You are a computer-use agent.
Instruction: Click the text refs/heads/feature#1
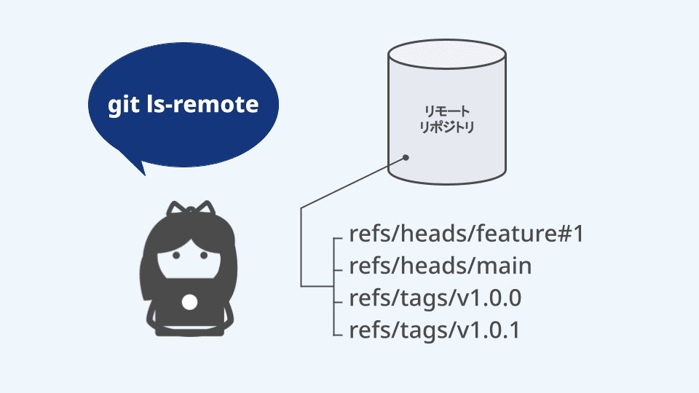click(467, 235)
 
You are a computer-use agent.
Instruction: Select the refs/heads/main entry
click(440, 266)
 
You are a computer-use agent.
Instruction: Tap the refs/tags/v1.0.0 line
click(435, 298)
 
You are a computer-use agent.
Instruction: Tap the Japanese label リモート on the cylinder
click(447, 111)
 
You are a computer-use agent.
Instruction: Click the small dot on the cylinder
click(406, 156)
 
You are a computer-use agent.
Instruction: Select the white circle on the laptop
click(189, 301)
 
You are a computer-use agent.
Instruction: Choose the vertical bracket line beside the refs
click(301, 247)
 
